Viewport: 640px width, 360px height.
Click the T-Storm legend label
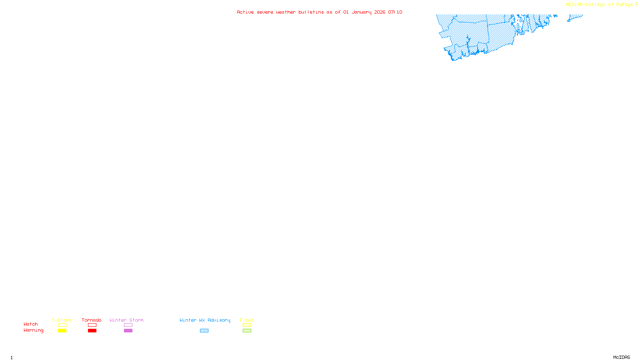(62, 320)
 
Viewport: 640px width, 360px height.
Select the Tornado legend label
(92, 320)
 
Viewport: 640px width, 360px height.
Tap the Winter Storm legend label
(126, 320)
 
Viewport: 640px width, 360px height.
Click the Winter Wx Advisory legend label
(205, 320)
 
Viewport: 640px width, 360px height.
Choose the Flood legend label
(247, 320)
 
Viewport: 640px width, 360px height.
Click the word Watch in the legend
(31, 324)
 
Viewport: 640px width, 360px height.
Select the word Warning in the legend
(33, 330)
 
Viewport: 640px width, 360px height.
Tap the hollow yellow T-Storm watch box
(62, 325)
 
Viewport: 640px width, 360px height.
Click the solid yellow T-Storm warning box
(62, 331)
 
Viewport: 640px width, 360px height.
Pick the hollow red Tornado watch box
(92, 325)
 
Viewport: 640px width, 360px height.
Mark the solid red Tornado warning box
(92, 331)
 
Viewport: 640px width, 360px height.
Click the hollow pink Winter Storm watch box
(128, 325)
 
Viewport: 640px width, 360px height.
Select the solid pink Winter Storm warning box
(128, 331)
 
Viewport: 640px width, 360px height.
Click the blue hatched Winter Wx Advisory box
(204, 331)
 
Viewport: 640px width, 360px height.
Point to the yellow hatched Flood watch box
(247, 325)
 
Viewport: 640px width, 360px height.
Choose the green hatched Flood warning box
(247, 331)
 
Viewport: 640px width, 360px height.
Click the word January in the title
(362, 12)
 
